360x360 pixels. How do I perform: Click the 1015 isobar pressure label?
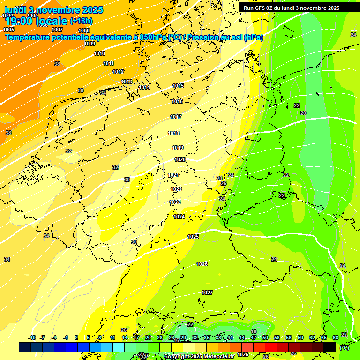178,86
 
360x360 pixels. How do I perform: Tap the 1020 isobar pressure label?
180,160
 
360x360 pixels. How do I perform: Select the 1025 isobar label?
193,237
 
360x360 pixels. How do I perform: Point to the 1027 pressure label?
207,292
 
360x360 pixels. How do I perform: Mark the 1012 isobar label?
118,72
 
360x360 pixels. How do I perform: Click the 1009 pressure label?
90,44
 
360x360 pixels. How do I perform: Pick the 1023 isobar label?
175,202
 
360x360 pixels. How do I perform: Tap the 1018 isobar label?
173,134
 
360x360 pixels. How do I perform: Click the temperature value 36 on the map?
81,91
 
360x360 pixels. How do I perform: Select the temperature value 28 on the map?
219,179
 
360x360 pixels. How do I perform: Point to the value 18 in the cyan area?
254,331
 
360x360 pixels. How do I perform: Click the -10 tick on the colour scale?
32,338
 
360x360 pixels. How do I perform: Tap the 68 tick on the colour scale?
336,338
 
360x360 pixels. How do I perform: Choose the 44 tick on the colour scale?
242,338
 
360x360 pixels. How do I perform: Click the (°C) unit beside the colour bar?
344,348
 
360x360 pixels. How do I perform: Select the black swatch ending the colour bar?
330,347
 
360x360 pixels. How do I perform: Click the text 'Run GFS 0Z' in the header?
261,8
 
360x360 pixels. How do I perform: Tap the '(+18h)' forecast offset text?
81,21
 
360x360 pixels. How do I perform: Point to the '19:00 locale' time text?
36,21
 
